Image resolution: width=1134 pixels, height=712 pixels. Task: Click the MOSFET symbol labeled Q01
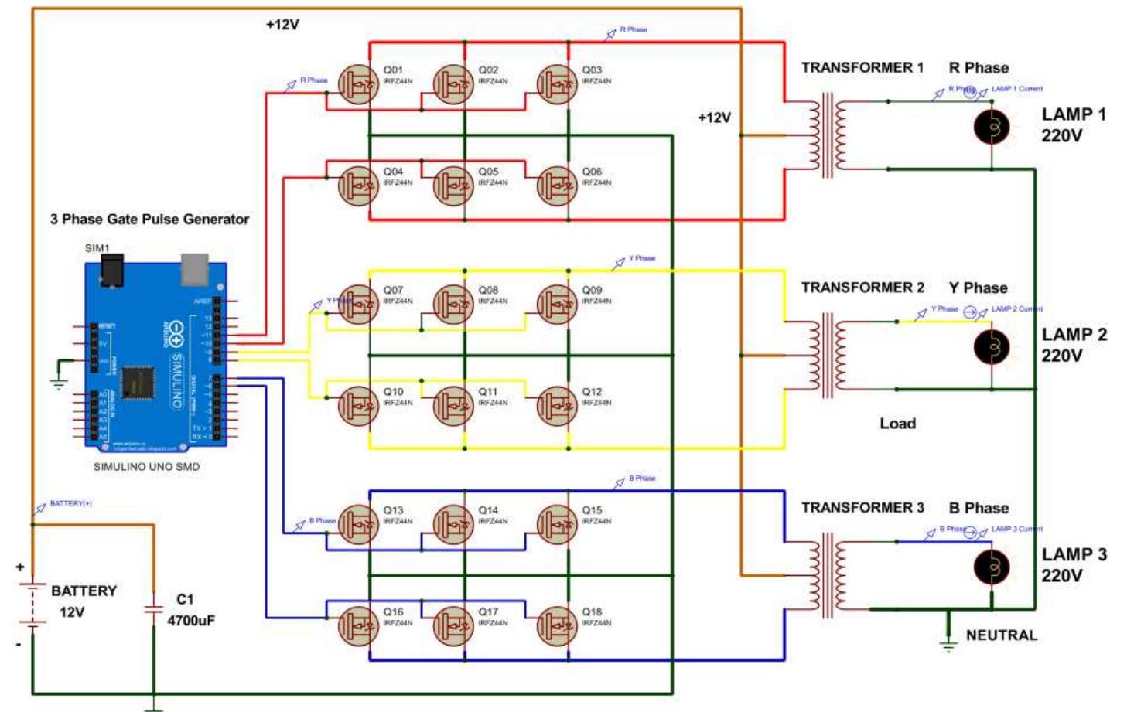(359, 84)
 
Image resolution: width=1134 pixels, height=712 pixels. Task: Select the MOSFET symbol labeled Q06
(557, 186)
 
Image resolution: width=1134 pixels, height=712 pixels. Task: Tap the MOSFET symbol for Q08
(453, 305)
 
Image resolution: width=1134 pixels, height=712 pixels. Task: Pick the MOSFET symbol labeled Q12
(557, 407)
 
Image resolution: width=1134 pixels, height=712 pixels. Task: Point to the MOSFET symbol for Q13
(359, 525)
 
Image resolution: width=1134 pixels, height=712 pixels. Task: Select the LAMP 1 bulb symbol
(991, 127)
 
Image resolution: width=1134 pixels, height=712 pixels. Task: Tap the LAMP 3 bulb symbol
(991, 567)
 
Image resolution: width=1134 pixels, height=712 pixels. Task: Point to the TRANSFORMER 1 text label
(862, 68)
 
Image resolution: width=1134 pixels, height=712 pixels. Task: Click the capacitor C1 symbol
(154, 609)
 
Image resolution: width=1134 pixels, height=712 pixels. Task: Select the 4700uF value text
(191, 621)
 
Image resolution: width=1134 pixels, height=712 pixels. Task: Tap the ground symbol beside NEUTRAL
(948, 641)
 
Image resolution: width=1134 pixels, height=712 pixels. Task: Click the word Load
(897, 424)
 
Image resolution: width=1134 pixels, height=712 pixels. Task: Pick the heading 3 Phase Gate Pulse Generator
(149, 220)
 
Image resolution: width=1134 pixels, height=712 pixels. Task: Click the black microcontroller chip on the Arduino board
(138, 383)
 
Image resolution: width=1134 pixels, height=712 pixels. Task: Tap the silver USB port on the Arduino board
(195, 269)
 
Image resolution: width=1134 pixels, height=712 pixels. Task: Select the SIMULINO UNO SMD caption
(146, 467)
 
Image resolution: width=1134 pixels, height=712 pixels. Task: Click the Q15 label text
(592, 510)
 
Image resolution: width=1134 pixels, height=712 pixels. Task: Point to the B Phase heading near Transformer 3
(979, 509)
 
